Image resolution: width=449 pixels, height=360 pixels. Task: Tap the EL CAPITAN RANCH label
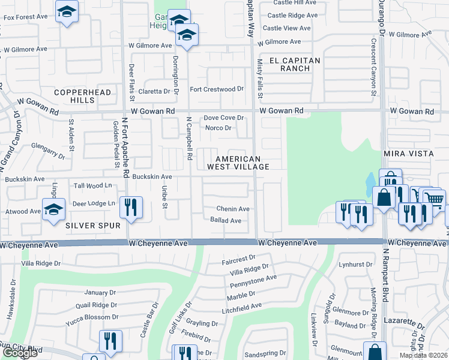pyautogui.click(x=295, y=64)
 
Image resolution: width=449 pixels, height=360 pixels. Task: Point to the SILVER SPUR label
pyautogui.click(x=93, y=225)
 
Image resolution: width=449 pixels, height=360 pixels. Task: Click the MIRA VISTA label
pyautogui.click(x=408, y=154)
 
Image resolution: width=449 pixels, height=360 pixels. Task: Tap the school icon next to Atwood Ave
pyautogui.click(x=53, y=209)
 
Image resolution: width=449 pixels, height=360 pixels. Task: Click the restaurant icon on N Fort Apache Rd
pyautogui.click(x=131, y=207)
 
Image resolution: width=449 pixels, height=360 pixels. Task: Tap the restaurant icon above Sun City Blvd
pyautogui.click(x=110, y=341)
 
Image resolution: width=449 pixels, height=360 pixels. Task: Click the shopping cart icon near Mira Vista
pyautogui.click(x=435, y=198)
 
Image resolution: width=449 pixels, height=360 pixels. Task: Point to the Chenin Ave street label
pyautogui.click(x=234, y=209)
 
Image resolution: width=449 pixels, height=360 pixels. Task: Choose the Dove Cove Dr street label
pyautogui.click(x=223, y=118)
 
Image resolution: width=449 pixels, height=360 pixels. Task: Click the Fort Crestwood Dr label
pyautogui.click(x=217, y=89)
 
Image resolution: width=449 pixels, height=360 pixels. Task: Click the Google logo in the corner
pyautogui.click(x=20, y=353)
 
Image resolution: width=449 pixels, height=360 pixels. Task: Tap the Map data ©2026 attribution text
pyautogui.click(x=423, y=355)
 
